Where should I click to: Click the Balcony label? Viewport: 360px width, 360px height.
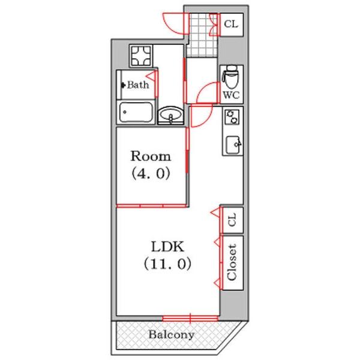[x=171, y=335]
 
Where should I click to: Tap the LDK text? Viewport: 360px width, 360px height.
[x=168, y=247]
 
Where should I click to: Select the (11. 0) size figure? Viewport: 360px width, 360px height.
[x=167, y=264]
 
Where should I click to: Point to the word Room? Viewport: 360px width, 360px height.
[x=151, y=156]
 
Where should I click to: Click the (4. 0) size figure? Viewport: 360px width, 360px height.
[x=151, y=173]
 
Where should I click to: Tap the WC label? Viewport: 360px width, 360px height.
[x=232, y=95]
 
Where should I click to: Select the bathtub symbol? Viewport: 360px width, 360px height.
[x=136, y=113]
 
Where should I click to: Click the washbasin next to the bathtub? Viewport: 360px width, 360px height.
[x=171, y=115]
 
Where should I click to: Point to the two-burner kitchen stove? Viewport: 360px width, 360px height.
[x=232, y=116]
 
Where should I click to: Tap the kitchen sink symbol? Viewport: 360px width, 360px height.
[x=233, y=145]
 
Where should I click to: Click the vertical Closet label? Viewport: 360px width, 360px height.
[x=232, y=262]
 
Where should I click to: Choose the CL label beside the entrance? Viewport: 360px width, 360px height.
[x=231, y=24]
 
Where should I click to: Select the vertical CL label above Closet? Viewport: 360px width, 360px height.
[x=232, y=220]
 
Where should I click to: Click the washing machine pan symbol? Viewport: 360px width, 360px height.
[x=141, y=56]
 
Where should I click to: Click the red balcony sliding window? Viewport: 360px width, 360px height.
[x=190, y=318]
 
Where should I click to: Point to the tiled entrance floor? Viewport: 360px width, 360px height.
[x=202, y=34]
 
